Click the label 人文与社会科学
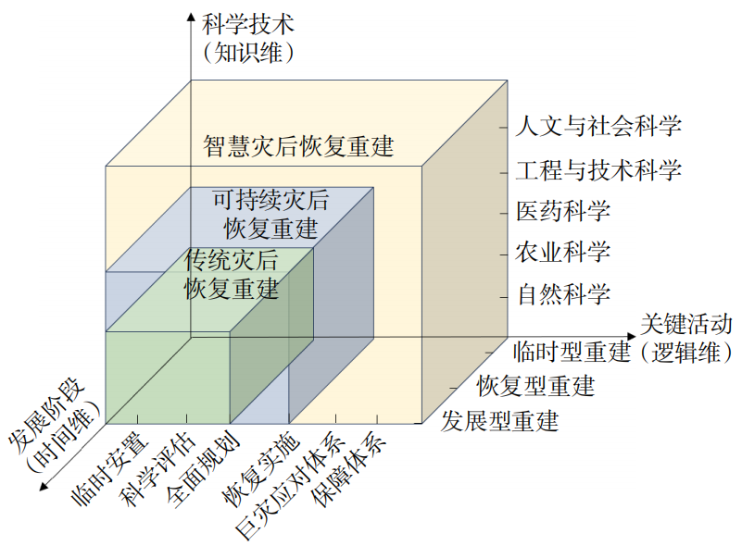pos(598,125)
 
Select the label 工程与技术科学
pos(598,169)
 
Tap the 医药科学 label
pos(563,211)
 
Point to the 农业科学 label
pos(563,252)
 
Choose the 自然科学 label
pos(563,295)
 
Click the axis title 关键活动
pos(686,324)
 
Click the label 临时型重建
pos(571,352)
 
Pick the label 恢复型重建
pos(535,385)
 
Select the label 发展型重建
pos(500,421)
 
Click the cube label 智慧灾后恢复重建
pos(299,146)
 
